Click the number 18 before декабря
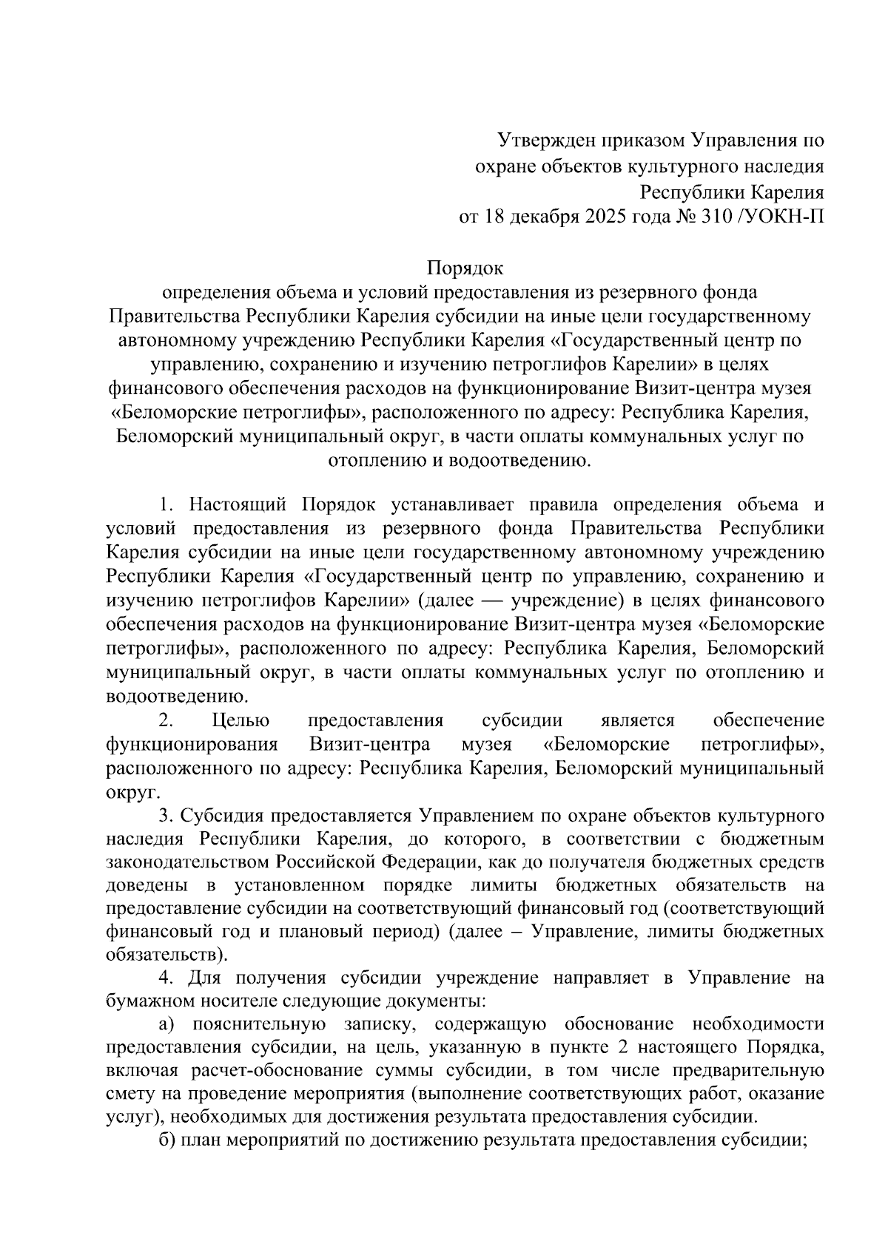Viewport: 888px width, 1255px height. pyautogui.click(x=494, y=216)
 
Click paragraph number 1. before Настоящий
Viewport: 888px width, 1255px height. pyautogui.click(x=166, y=504)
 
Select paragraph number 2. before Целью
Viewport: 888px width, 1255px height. pyautogui.click(x=166, y=720)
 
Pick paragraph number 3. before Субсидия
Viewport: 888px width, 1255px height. pyautogui.click(x=166, y=816)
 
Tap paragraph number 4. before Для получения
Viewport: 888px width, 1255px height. pyautogui.click(x=166, y=978)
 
